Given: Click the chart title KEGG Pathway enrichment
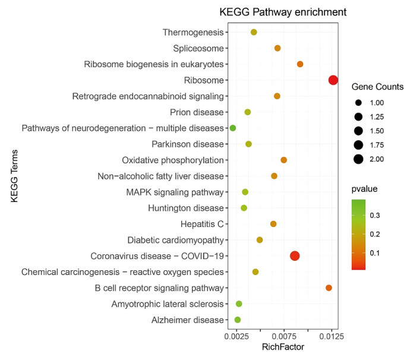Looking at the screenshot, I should (283, 12).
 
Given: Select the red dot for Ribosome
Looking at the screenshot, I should (333, 80).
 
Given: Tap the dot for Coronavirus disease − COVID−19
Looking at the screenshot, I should (295, 256).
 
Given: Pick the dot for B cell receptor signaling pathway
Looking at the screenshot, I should (329, 288).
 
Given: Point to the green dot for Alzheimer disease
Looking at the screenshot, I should (238, 320).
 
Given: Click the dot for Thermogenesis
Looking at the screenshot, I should (254, 32).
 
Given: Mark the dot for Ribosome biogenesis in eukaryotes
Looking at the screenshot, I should (300, 64).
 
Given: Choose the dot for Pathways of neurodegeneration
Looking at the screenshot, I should (233, 128).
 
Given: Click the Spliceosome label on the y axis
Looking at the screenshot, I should (198, 48).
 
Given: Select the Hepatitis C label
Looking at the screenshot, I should (202, 224).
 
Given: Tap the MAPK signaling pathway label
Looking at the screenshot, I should (175, 192).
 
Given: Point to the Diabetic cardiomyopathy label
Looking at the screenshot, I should (175, 240).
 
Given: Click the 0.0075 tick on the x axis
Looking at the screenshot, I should (284, 336).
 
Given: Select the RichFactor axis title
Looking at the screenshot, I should (283, 348).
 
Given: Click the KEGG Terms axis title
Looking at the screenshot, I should (14, 176).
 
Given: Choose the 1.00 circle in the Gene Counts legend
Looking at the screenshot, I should (358, 102).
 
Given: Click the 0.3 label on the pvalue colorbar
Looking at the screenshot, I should (376, 214).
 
